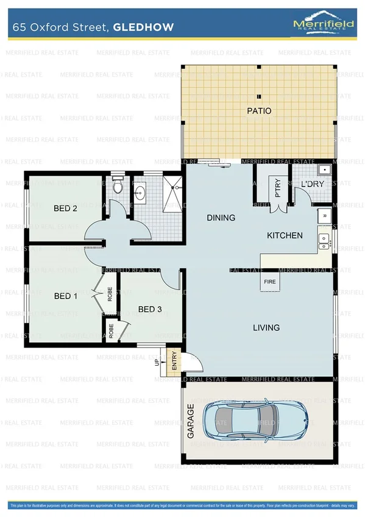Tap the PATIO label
point(259,111)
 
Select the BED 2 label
point(65,209)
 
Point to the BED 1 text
point(65,296)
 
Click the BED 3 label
point(150,309)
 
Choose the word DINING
point(221,218)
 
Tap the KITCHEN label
point(285,235)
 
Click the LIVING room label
point(266,327)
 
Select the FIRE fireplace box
point(269,282)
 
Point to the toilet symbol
point(118,185)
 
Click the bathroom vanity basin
point(140,194)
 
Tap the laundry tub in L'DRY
point(325,171)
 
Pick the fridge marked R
point(324,216)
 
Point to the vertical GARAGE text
point(191,421)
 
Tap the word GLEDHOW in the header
point(147,27)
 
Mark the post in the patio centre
point(259,96)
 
